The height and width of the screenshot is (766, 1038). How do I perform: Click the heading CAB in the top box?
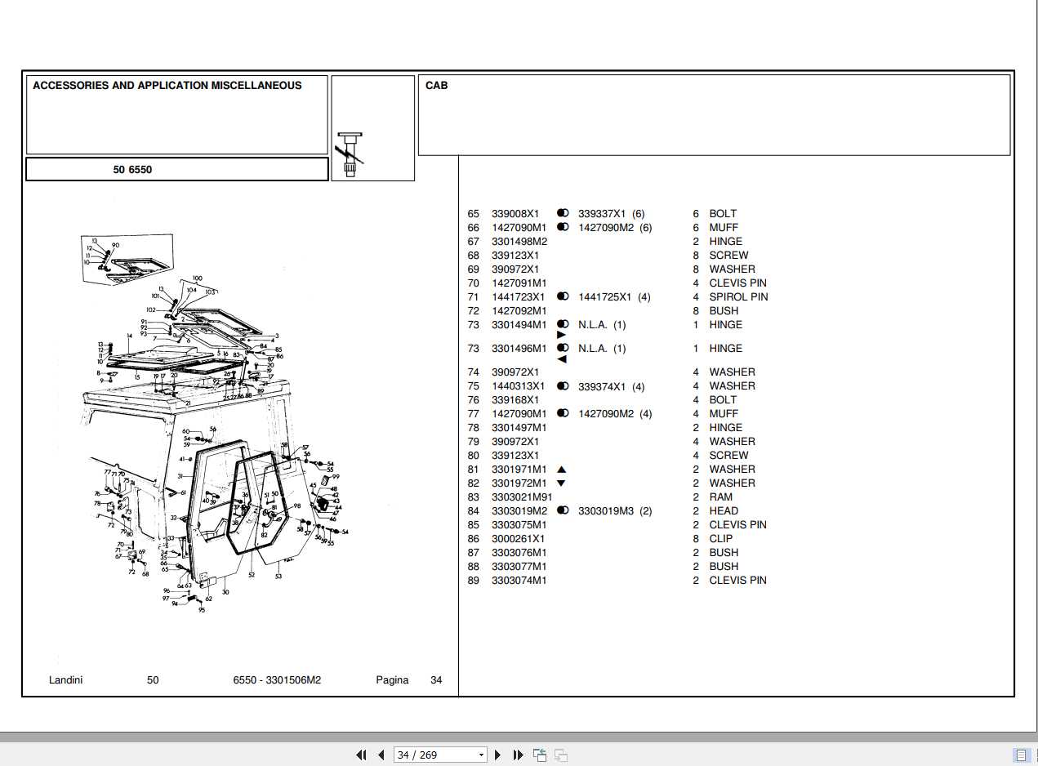(x=436, y=86)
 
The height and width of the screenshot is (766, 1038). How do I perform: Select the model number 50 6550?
(x=132, y=170)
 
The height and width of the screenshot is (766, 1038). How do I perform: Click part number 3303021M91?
(x=521, y=497)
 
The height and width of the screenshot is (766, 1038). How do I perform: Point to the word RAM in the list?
(x=720, y=497)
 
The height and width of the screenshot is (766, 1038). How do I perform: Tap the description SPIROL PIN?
(x=738, y=297)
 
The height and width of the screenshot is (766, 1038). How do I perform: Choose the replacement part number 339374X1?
(x=601, y=387)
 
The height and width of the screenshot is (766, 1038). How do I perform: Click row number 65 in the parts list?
(x=473, y=214)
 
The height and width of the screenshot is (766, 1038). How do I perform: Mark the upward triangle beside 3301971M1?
(x=561, y=470)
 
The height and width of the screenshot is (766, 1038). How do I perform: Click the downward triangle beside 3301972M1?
(x=561, y=483)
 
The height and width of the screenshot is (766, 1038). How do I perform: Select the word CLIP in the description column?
(x=720, y=539)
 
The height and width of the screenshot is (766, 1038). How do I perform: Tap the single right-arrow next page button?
(x=498, y=755)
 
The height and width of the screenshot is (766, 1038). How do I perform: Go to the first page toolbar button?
(x=361, y=755)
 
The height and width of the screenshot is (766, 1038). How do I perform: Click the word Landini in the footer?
(x=65, y=680)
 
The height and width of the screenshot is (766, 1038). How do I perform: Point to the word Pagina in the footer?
(x=392, y=680)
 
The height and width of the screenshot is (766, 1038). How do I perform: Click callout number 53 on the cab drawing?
(x=278, y=577)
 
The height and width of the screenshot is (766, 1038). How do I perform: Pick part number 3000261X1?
(x=518, y=539)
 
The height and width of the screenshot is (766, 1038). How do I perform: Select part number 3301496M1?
(x=519, y=349)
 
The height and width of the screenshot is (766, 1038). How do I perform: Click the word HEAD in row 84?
(x=723, y=511)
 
